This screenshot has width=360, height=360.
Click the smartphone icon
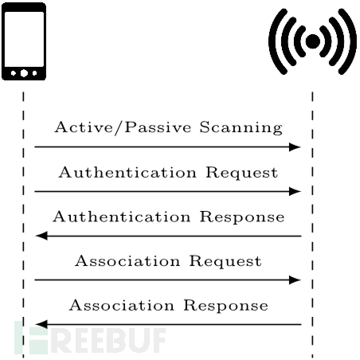coord(24,41)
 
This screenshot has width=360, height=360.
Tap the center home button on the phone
coord(24,73)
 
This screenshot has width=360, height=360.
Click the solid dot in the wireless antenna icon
coord(313,41)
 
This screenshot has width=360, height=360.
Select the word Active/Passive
coord(123,127)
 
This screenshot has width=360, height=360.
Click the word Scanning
coord(241,127)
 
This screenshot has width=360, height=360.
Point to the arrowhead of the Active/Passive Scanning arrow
coord(295,147)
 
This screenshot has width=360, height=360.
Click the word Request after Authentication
coord(242,173)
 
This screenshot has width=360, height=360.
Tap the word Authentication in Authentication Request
coord(127,172)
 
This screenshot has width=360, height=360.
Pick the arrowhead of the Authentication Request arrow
coord(295,191)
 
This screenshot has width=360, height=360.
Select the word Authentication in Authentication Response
coord(122,217)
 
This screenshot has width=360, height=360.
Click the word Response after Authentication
coord(242,217)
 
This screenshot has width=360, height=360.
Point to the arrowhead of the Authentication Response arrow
coord(41,236)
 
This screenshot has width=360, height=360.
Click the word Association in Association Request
coord(127,261)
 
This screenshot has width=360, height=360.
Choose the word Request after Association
coord(225,261)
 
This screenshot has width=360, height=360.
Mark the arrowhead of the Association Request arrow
coord(295,280)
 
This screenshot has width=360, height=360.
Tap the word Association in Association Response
coord(122,305)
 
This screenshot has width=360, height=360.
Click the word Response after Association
coord(226,306)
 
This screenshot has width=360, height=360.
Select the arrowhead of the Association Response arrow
coord(41,324)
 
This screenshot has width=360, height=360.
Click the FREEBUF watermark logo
coord(90,338)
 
